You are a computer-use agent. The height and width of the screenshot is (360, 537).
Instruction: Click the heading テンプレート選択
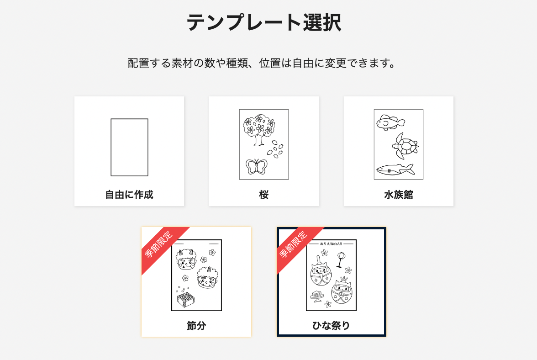coord(264,22)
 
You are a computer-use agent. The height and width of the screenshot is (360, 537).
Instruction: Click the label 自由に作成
coord(129,195)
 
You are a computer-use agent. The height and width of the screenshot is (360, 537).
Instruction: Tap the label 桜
coord(264,195)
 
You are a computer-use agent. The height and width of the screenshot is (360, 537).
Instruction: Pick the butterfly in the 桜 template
coord(256,166)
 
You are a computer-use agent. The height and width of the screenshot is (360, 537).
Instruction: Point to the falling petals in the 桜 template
coord(275,149)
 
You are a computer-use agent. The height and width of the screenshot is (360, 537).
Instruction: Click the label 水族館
coord(398,195)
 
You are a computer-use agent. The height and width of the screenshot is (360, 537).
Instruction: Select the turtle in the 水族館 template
coord(405,146)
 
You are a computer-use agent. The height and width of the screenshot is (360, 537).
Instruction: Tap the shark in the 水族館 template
coord(395,169)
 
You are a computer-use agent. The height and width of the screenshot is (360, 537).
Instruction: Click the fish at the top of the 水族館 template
coord(390,122)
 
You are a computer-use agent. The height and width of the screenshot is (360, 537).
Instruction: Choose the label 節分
coord(196,325)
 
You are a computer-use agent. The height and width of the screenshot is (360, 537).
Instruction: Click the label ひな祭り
coord(331,325)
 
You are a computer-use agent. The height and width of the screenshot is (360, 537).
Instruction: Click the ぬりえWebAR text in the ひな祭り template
coord(331,244)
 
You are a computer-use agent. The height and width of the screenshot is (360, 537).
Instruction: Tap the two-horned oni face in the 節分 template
coord(186,259)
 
